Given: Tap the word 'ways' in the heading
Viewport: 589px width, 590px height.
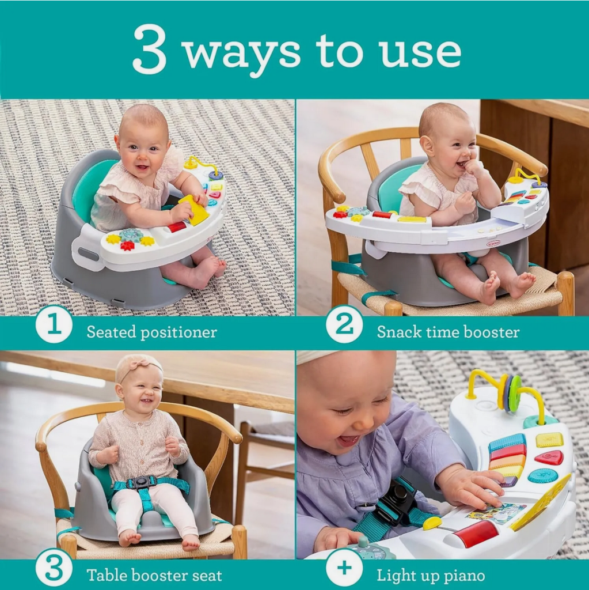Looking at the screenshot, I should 242,53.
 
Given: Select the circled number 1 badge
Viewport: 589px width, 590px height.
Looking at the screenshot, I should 54,325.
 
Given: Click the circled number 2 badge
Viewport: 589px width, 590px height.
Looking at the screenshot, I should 344,324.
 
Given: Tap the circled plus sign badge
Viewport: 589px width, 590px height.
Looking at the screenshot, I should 344,568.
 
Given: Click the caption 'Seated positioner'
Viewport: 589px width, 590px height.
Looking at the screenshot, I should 151,332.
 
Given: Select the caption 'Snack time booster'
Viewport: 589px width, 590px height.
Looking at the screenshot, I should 448,332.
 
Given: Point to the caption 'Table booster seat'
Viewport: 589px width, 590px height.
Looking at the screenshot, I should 154,575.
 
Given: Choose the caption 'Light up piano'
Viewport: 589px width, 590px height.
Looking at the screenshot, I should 431,575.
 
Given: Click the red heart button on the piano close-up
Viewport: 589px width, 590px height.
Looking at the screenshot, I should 549,457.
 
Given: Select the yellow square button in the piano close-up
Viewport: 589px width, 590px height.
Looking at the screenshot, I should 549,440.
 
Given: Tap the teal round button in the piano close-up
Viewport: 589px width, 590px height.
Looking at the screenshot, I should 543,475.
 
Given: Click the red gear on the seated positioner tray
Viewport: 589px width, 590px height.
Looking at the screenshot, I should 127,245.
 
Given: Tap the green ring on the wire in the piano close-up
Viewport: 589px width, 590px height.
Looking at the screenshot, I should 515,394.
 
